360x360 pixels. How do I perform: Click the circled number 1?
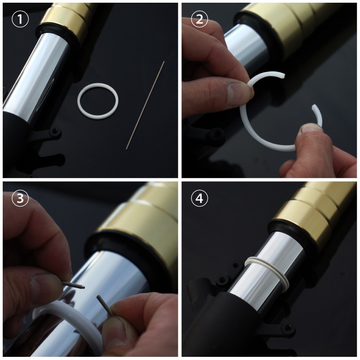pyautogui.click(x=20, y=19)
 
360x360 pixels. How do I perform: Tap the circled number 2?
pyautogui.click(x=199, y=19)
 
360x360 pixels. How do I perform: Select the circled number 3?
pyautogui.click(x=20, y=198)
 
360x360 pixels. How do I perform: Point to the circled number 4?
pyautogui.click(x=199, y=198)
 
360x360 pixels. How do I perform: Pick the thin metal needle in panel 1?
pyautogui.click(x=145, y=106)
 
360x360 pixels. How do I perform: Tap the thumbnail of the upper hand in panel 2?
pyautogui.click(x=237, y=94)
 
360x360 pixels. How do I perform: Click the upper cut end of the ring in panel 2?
pyautogui.click(x=283, y=75)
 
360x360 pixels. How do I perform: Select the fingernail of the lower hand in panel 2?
pyautogui.click(x=310, y=129)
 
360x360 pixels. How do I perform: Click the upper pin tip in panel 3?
pyautogui.click(x=84, y=287)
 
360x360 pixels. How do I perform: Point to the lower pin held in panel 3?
pyautogui.click(x=104, y=305)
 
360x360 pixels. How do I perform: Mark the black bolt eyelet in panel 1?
pyautogui.click(x=54, y=131)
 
